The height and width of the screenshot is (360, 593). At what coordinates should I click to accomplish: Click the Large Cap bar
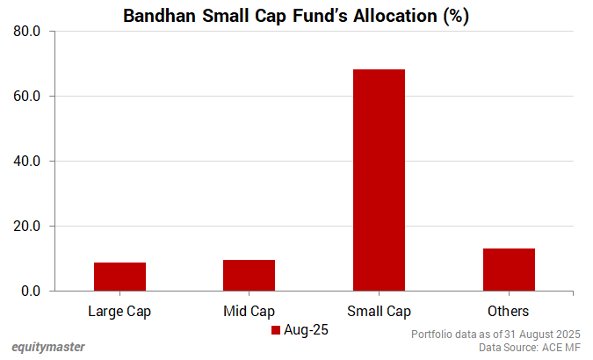click(x=119, y=277)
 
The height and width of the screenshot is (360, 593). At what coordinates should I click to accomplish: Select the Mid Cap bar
click(x=249, y=275)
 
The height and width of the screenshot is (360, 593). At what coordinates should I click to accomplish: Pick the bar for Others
click(x=508, y=270)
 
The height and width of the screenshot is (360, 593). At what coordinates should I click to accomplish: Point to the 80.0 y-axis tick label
click(x=26, y=32)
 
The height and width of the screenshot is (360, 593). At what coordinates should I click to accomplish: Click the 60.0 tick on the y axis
click(x=26, y=97)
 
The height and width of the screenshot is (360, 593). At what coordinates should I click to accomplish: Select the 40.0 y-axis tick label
click(x=26, y=162)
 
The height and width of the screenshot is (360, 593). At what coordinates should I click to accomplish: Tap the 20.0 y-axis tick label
click(x=26, y=227)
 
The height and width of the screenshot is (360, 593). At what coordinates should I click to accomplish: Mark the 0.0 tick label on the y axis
click(x=30, y=292)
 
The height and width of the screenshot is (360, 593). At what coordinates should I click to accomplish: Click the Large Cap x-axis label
click(x=119, y=311)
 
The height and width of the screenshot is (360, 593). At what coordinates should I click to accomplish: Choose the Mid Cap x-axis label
click(x=249, y=311)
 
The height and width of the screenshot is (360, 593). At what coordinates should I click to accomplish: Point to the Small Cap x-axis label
click(x=379, y=311)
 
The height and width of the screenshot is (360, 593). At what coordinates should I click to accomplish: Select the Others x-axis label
click(x=508, y=311)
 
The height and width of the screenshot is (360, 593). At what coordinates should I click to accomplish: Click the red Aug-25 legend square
click(x=275, y=330)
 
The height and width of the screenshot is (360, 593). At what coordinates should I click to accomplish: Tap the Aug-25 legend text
click(x=305, y=330)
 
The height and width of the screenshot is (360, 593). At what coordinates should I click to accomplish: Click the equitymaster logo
click(x=48, y=347)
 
